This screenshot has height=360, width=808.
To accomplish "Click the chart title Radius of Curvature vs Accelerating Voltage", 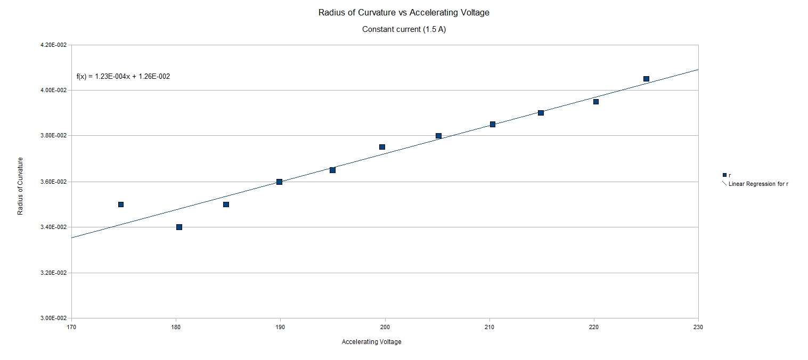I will pos(404,13).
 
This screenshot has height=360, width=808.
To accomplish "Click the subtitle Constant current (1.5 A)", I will pos(404,29).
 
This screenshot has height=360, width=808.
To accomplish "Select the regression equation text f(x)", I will pos(123,77).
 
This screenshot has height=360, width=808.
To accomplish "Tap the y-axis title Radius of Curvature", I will pos(20,186).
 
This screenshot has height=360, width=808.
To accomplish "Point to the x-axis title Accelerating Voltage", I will pos(371,342).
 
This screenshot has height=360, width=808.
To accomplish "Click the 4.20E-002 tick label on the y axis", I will pos(54,45).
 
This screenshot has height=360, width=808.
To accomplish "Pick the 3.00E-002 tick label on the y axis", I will pos(54,318).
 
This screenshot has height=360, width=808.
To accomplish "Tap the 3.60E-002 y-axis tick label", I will pos(54,182).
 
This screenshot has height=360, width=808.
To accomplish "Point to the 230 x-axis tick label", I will pos(698,327).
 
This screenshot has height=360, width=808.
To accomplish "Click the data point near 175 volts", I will pos(121,204).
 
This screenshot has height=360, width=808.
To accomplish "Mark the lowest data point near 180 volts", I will pos(179,227).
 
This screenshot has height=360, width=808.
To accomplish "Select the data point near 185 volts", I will pos(226,204).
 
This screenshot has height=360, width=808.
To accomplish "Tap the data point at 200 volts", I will pos(382,147).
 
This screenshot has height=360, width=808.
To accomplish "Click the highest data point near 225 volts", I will pos(646,79).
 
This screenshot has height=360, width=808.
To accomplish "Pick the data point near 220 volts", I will pos(596,102).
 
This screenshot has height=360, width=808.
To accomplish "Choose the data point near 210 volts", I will pos(493,124).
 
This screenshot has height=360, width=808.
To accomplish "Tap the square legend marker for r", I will pos(724,175).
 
